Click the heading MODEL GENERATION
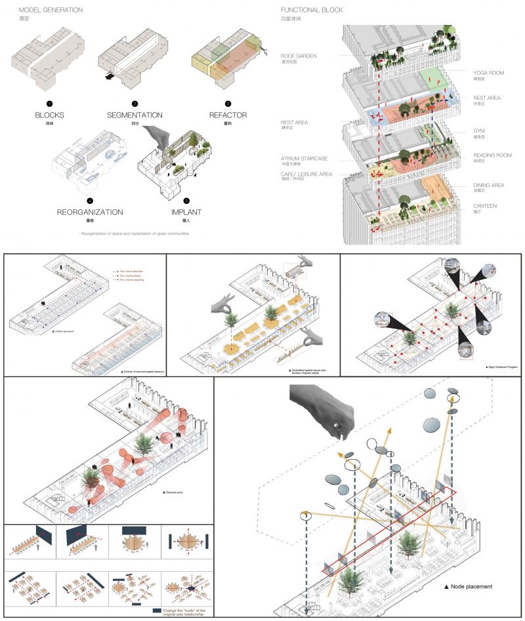[51, 10]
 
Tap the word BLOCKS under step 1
[49, 115]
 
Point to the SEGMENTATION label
[135, 115]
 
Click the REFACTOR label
[228, 115]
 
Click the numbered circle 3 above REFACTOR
[228, 104]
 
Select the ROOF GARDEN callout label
[299, 56]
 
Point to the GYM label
[479, 130]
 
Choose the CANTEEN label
[485, 205]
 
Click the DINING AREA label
[489, 185]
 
